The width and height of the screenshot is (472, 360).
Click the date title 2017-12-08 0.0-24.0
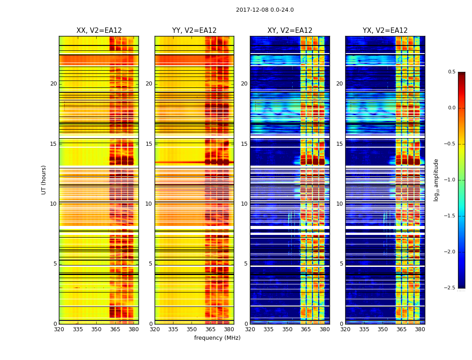(265, 10)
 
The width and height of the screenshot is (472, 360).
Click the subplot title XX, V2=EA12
(99, 31)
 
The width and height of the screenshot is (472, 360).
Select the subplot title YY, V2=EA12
(194, 31)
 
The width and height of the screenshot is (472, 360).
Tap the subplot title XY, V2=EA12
(290, 31)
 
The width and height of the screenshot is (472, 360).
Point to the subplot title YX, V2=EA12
(385, 31)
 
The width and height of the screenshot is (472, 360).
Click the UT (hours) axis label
(44, 180)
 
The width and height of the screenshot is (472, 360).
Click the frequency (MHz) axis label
(217, 338)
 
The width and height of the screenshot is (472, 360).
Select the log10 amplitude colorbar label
(436, 180)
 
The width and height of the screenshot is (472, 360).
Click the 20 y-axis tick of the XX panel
(53, 84)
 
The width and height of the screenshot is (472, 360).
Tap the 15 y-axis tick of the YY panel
(149, 144)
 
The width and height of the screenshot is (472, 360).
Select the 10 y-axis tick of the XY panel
(244, 204)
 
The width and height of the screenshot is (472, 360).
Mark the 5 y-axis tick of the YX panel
(341, 264)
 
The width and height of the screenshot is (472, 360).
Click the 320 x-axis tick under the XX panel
(59, 329)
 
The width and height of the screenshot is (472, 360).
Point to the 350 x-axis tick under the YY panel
(192, 329)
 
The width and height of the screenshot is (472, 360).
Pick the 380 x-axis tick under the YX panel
(420, 329)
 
